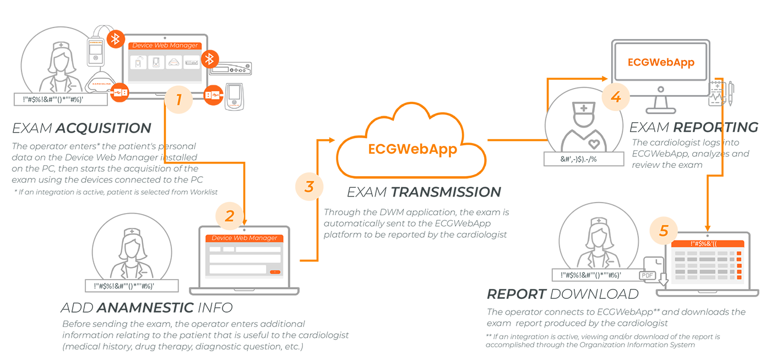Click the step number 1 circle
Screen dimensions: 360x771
click(x=178, y=100)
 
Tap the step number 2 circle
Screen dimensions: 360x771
click(x=230, y=215)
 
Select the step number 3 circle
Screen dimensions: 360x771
click(x=309, y=186)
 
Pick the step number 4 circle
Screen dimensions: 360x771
click(x=616, y=97)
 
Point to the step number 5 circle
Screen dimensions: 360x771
click(x=664, y=230)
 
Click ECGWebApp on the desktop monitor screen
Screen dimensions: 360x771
click(x=661, y=62)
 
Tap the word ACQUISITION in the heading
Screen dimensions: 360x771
click(x=103, y=128)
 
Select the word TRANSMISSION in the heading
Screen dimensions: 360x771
click(x=446, y=192)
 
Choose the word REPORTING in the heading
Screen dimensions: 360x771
click(x=715, y=127)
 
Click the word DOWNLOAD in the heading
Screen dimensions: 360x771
click(x=594, y=294)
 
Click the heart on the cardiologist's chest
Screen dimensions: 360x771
click(x=594, y=144)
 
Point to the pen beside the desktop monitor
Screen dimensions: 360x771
click(x=731, y=94)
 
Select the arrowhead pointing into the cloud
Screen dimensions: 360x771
click(x=332, y=140)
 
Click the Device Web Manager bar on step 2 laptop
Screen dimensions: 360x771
click(x=244, y=238)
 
